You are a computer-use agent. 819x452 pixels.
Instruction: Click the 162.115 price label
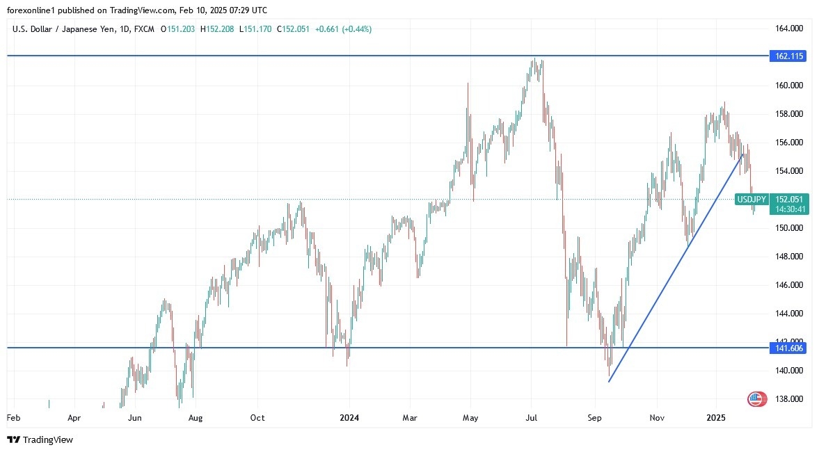(788, 56)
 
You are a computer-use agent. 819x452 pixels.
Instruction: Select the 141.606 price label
(788, 348)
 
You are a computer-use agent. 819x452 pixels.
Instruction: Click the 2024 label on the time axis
(349, 418)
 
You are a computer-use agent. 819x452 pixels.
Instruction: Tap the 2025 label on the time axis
(716, 418)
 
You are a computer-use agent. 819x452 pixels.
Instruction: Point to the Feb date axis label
(13, 418)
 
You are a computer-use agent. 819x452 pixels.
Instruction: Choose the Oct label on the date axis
(257, 418)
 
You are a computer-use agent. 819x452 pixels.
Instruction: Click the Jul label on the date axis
(532, 418)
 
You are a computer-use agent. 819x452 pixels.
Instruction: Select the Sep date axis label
(594, 418)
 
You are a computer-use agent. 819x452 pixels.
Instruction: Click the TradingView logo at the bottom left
(40, 439)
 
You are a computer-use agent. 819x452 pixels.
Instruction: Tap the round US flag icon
(756, 399)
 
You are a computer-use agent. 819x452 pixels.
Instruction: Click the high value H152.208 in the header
(218, 29)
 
